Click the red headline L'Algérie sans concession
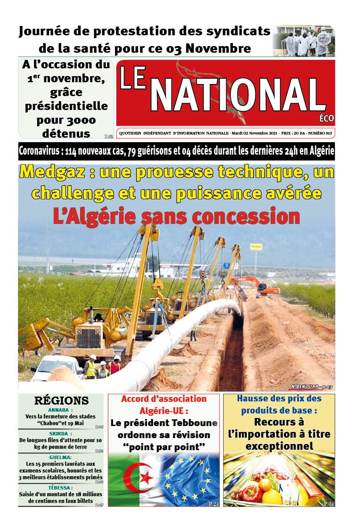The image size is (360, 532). pyautogui.click(x=176, y=216)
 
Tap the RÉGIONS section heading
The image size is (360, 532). pyautogui.click(x=61, y=400)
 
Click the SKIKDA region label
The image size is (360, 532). pyautogui.click(x=60, y=433)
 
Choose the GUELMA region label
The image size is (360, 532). pyautogui.click(x=60, y=457)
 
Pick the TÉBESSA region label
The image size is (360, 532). pyautogui.click(x=60, y=487)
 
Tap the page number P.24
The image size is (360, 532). pyautogui.click(x=214, y=504)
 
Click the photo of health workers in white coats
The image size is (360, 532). pyautogui.click(x=304, y=41)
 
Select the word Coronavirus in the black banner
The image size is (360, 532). pyautogui.click(x=39, y=151)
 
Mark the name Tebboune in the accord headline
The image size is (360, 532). pyautogui.click(x=195, y=423)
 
